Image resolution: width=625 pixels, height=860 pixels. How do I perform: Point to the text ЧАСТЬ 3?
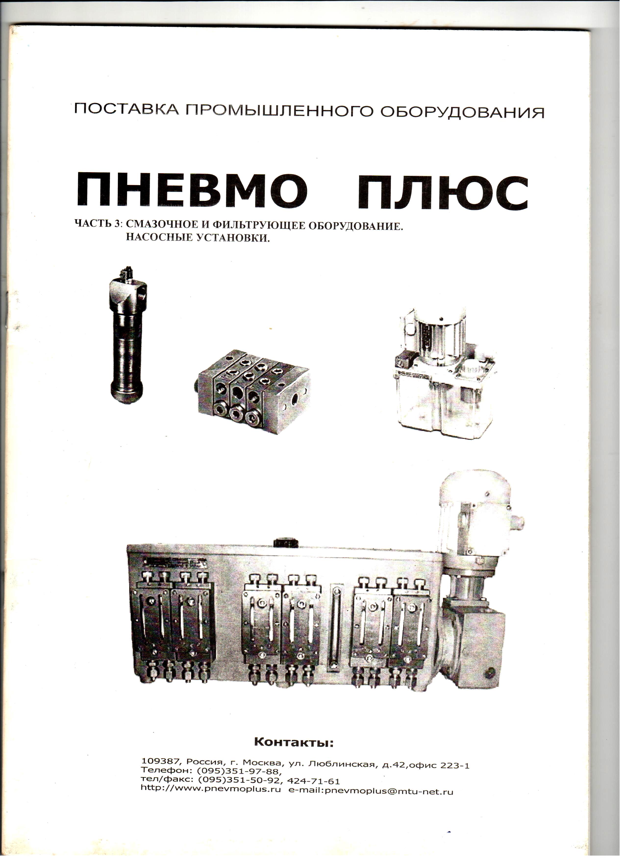[99, 223]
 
